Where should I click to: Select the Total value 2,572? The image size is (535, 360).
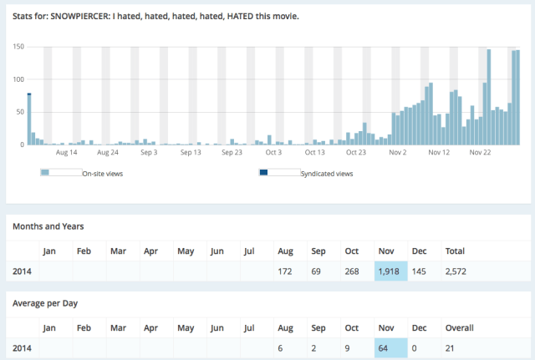coord(456,271)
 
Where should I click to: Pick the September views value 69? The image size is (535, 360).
coord(319,271)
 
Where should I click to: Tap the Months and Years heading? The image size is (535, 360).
coord(48,226)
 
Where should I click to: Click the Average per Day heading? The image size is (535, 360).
coord(46,302)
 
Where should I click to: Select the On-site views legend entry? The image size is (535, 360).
coord(104,174)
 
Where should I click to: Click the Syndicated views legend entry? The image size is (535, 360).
coord(326,174)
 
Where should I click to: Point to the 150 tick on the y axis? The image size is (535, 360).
coord(18,47)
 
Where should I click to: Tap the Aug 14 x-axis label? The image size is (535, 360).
coord(67,152)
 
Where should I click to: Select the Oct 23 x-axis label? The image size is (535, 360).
coord(356,152)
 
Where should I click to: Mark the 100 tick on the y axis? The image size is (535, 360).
coord(18,79)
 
